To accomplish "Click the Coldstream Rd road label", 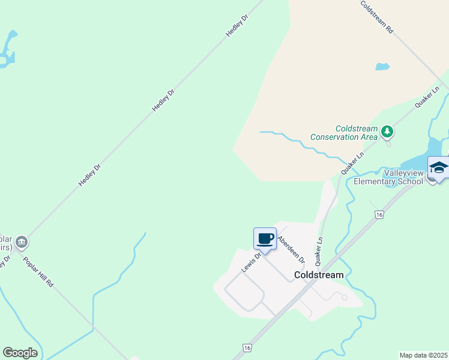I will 377,16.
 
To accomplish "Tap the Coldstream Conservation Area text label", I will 344,133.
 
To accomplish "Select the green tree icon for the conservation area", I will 388,130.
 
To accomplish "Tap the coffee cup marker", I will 265,239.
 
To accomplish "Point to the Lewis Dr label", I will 252,263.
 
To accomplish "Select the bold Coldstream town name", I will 319,275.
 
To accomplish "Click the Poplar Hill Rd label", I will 38,272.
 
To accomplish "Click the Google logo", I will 20,353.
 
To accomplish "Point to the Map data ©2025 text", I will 424,355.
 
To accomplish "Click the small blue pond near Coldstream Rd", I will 382,67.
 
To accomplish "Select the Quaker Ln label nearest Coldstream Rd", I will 427,97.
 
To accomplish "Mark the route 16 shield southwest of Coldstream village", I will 247,348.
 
